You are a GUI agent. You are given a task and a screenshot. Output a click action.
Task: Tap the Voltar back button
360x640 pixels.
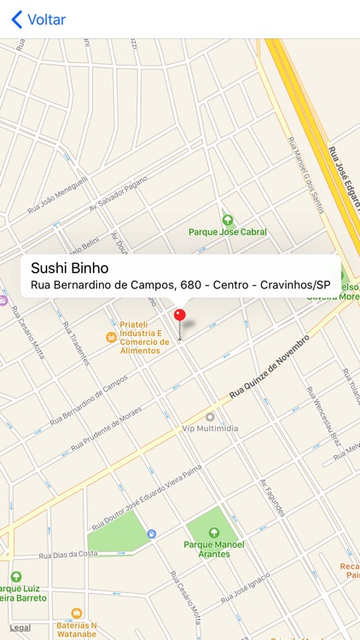point(38,20)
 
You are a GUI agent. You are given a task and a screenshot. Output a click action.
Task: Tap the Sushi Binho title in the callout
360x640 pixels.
point(70,267)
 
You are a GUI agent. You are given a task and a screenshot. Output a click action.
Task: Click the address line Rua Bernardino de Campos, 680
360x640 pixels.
point(180,285)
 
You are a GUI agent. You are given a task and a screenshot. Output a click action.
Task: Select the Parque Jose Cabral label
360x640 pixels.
point(227,232)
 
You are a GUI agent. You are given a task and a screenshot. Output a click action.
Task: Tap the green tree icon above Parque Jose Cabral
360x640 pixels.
point(227,219)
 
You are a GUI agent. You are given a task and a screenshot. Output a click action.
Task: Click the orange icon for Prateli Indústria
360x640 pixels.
point(110,338)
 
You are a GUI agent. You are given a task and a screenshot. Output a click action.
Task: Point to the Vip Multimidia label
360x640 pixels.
point(210,428)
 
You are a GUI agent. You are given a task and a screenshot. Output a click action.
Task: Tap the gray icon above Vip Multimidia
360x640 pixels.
point(210,416)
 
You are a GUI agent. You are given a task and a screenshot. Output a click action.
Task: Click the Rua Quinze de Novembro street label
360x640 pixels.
point(269,368)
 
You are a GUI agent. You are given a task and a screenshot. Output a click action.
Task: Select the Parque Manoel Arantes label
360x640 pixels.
point(214,550)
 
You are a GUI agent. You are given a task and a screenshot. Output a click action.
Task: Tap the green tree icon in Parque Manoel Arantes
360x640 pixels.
point(214,532)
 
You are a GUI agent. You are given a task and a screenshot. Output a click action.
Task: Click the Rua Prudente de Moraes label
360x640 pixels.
point(107,433)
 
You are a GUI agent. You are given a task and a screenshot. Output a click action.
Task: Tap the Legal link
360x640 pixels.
point(20,628)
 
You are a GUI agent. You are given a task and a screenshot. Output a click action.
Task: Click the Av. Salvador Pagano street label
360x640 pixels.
point(119,195)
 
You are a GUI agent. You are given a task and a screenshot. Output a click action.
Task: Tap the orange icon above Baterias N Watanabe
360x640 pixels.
point(77,613)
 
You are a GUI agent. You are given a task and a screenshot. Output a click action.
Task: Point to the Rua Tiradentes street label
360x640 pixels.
point(75,342)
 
